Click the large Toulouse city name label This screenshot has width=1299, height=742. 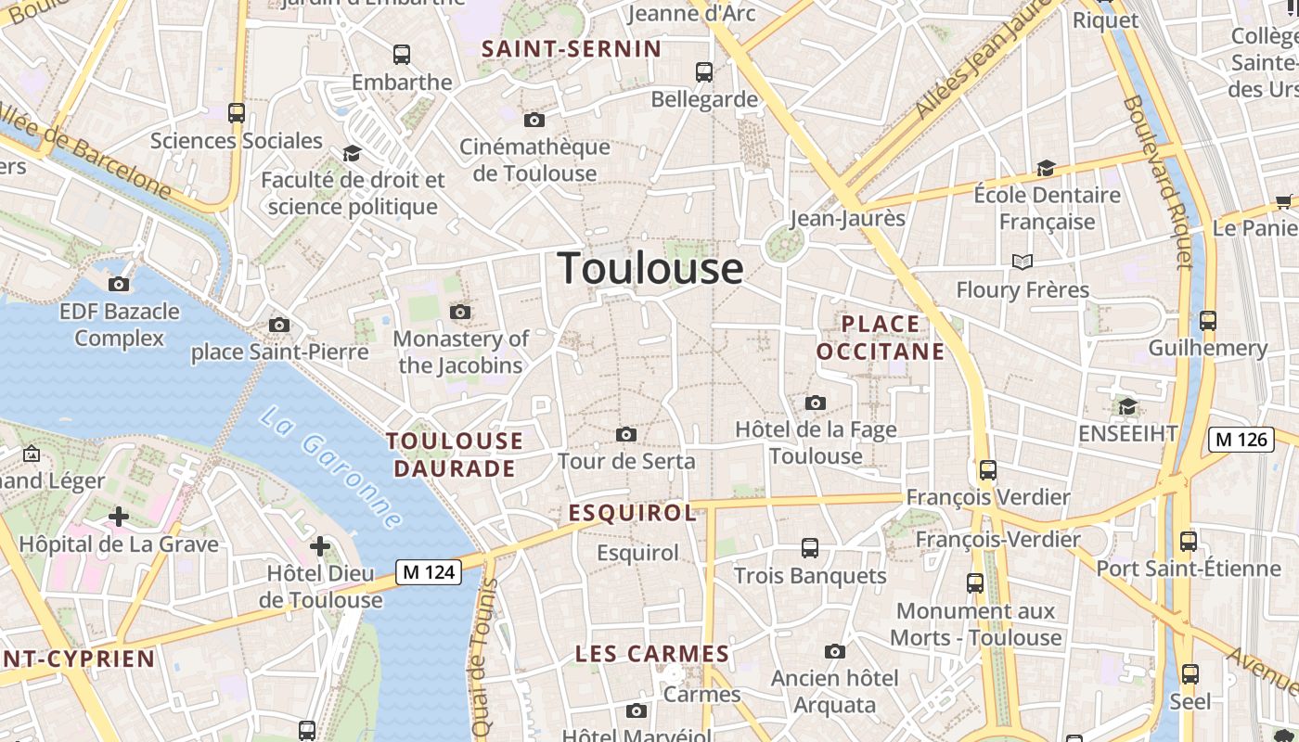[x=650, y=268]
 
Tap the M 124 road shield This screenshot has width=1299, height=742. [x=429, y=572]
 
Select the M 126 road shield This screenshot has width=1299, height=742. [x=1241, y=439]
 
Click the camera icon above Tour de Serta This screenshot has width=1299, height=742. [x=626, y=434]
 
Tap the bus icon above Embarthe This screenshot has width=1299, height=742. [x=402, y=55]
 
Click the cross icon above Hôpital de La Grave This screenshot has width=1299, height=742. [x=118, y=517]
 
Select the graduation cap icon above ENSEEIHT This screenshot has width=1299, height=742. [x=1127, y=406]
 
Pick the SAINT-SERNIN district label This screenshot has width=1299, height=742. [x=572, y=49]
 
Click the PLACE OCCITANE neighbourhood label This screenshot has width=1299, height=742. [x=881, y=338]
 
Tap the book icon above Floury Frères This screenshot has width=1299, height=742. [x=1022, y=262]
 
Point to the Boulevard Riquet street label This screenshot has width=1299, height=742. [x=1158, y=182]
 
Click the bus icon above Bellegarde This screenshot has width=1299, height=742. [x=704, y=71]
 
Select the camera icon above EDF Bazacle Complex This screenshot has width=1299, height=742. [x=119, y=284]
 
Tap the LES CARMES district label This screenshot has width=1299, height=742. [x=652, y=654]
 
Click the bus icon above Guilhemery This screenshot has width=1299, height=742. [x=1208, y=321]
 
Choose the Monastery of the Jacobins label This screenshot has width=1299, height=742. [x=461, y=352]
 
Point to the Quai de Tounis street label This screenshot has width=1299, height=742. [x=482, y=659]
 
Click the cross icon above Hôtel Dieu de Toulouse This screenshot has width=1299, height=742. [x=320, y=546]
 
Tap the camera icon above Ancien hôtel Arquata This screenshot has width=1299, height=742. [x=835, y=651]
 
